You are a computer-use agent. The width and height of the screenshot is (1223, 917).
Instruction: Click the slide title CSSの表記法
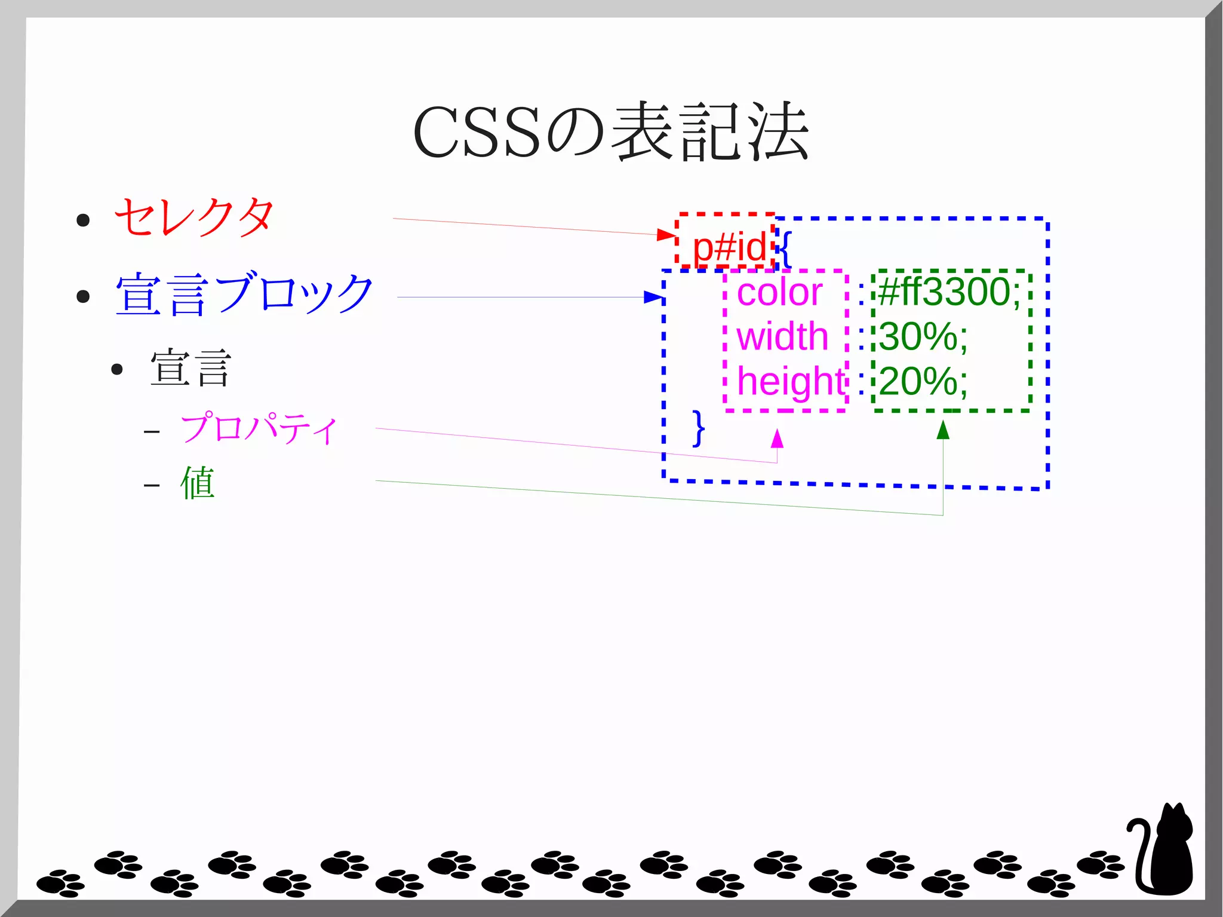click(x=610, y=133)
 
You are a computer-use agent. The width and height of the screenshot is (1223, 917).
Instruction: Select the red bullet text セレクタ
click(x=194, y=217)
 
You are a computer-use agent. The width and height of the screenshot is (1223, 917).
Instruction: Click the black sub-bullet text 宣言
click(x=190, y=368)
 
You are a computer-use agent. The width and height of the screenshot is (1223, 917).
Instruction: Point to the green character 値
click(x=198, y=483)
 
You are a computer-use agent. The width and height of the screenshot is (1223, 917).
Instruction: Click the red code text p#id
click(x=729, y=247)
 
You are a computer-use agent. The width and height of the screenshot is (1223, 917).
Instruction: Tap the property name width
click(x=782, y=336)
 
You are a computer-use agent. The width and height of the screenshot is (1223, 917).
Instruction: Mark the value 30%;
click(x=923, y=336)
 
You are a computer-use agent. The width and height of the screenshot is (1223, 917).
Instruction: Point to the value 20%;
click(x=923, y=381)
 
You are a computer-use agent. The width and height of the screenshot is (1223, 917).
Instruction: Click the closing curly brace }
click(x=698, y=428)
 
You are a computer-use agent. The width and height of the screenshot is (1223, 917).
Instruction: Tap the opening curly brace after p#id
click(x=785, y=249)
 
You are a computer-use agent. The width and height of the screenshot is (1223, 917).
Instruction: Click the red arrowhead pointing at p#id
click(x=666, y=235)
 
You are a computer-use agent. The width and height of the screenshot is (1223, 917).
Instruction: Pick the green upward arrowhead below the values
click(x=943, y=430)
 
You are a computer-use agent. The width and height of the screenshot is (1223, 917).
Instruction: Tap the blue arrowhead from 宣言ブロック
click(x=653, y=297)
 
